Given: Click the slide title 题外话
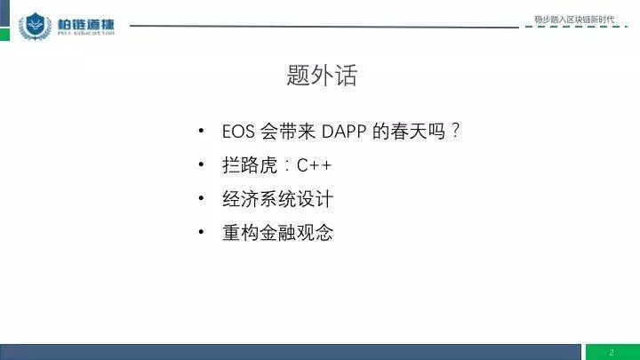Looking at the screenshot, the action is pos(322,75).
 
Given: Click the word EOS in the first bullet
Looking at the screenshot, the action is pos(238,132).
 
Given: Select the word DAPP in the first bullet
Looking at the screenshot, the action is pos(344,132).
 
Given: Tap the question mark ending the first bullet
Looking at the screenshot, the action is pos(455,131).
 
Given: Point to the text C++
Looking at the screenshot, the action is pos(314,165).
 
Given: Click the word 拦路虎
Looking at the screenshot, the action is pos(250,165).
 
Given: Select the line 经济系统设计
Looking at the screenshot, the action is pos(277,199).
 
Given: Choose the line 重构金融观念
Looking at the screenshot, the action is pos(277,233).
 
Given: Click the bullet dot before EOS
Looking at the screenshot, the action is pos(201,131).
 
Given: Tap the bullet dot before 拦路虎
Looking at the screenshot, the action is pos(201,164).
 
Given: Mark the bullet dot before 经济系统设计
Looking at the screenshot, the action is pos(201,198).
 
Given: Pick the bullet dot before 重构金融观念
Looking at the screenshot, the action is pos(201,232).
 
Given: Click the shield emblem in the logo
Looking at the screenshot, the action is pos(35,26).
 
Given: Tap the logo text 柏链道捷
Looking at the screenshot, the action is pos(85,24).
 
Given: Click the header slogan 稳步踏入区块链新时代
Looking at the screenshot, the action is pos(574,20).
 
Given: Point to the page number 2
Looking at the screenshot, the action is pos(612,352).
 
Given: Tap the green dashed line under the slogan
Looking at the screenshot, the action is pos(576,27).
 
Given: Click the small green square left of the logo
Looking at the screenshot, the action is pos(4,35).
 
